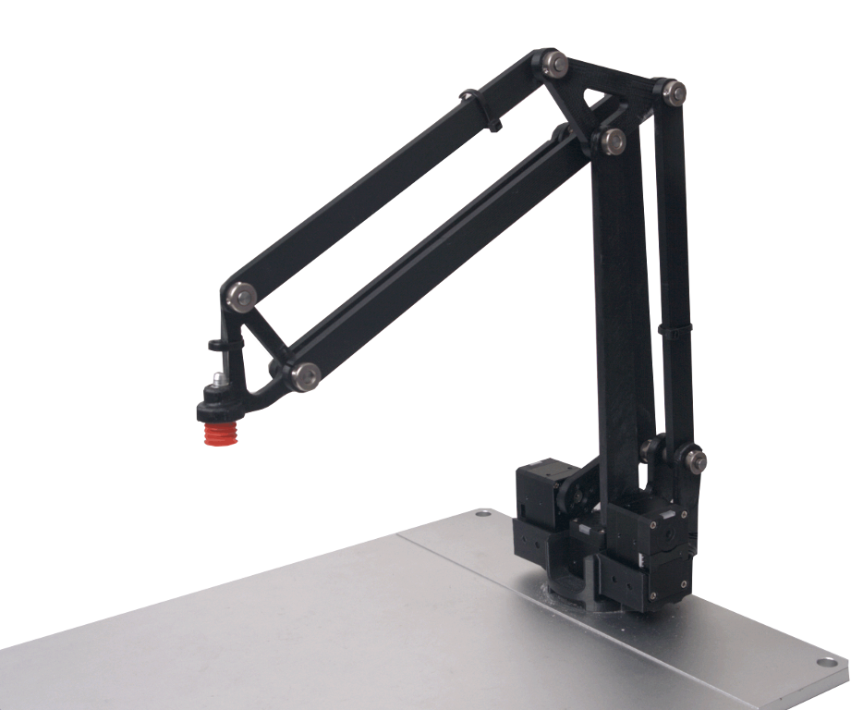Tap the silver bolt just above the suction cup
218,379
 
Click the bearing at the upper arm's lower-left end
241,296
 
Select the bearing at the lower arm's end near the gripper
304,374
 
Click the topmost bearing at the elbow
555,63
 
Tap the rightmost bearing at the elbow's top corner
675,91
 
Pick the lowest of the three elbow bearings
612,141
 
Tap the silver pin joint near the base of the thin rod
695,459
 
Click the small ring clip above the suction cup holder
216,346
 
